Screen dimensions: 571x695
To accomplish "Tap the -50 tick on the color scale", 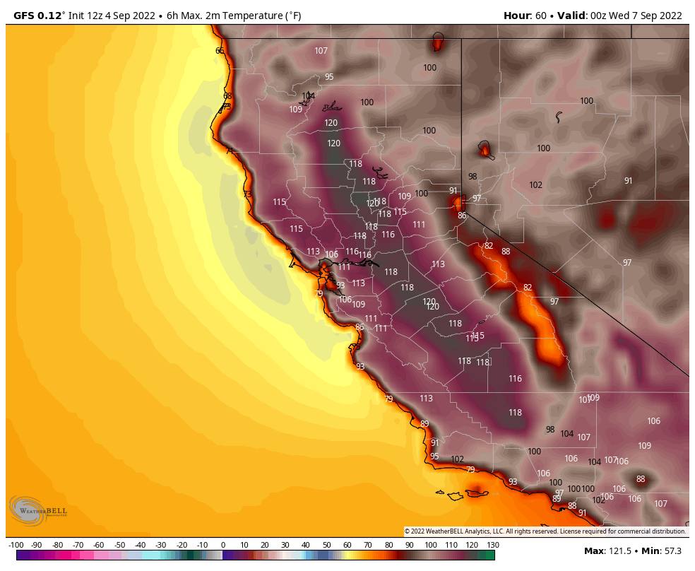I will click(x=120, y=545).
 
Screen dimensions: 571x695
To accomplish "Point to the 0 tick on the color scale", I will click(x=223, y=545).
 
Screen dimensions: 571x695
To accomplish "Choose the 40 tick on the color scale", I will click(x=306, y=545).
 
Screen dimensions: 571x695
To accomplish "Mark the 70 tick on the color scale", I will click(x=368, y=545).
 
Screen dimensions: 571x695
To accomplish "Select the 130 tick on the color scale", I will click(x=492, y=545).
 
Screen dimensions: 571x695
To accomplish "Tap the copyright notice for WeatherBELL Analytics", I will click(x=545, y=531).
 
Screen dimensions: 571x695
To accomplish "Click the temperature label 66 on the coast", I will click(x=220, y=51).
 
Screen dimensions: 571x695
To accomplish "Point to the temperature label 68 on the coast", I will click(x=227, y=96).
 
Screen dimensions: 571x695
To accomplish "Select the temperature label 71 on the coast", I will click(x=230, y=151).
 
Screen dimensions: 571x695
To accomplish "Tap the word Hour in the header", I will click(x=516, y=16).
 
